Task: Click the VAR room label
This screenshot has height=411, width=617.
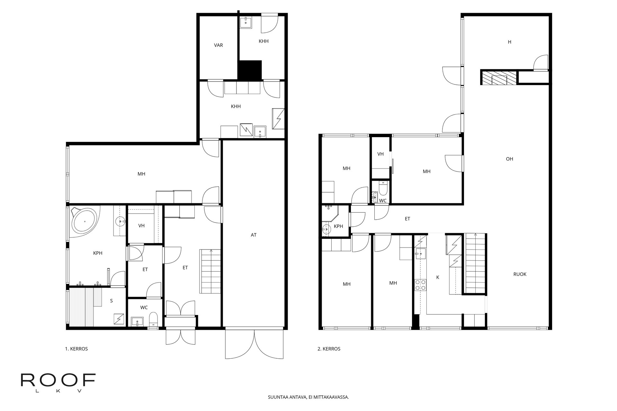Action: point(219,45)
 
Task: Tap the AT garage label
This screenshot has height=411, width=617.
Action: point(254,235)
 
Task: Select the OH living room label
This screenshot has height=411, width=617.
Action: point(509,159)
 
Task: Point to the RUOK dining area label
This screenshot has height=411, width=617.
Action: point(520,274)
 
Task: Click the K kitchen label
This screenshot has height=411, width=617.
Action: point(438,277)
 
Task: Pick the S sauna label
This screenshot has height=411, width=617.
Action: point(112,301)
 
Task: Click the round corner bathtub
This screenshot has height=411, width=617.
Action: point(84,221)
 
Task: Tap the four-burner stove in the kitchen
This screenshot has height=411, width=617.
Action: point(420,285)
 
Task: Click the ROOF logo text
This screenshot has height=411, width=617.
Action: point(58,380)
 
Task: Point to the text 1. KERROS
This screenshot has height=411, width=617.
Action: point(76,349)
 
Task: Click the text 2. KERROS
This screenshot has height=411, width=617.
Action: point(329,349)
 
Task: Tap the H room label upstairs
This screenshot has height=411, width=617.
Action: point(509,42)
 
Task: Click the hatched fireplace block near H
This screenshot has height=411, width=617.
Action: point(499,78)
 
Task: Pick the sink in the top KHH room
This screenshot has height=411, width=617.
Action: point(246,22)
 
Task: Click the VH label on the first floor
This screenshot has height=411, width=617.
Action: point(141,226)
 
